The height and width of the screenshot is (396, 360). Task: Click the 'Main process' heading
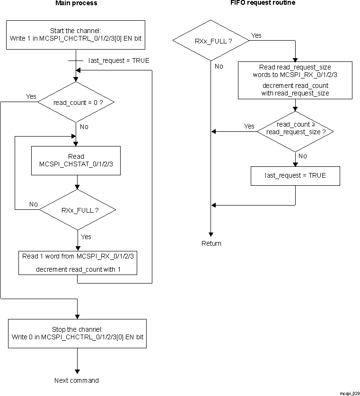(x=76, y=3)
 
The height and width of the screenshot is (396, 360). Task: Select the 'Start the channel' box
(x=76, y=34)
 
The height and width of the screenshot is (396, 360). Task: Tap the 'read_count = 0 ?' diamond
(x=76, y=102)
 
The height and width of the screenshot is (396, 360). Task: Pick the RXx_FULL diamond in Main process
(x=77, y=210)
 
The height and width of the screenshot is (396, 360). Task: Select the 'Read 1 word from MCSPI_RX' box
(x=78, y=263)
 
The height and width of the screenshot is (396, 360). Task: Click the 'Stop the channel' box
(x=77, y=333)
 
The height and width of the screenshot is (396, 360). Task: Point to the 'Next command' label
(x=77, y=380)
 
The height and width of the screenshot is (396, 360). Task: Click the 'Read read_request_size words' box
(x=295, y=80)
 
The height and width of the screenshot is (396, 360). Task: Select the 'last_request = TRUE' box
(x=295, y=175)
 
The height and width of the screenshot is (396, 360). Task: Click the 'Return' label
(x=211, y=243)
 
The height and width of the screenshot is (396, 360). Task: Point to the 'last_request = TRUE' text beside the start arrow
(x=119, y=60)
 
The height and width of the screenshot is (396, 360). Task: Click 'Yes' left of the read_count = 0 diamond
(x=31, y=96)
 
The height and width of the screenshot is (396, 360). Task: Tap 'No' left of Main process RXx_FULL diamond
(x=34, y=204)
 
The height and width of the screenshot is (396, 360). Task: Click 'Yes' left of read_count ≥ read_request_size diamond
(x=249, y=126)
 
